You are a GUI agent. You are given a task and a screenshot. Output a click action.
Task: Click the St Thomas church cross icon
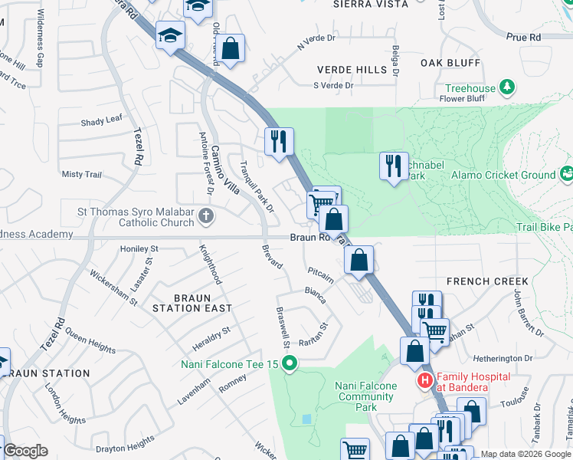click(x=205, y=215)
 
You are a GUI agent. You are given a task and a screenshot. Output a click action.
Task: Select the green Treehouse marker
click(x=506, y=88)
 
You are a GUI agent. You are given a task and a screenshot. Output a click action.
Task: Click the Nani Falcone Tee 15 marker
click(x=289, y=363)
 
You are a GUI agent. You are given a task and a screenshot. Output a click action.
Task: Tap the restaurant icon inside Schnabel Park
click(x=394, y=166)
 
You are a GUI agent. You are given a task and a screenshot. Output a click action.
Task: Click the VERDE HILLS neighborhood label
click(x=352, y=69)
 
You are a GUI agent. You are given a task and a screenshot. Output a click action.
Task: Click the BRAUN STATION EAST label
click(x=192, y=302)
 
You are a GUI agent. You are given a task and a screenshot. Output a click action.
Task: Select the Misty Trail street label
click(x=81, y=175)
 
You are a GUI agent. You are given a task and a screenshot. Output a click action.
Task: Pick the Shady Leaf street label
click(x=101, y=120)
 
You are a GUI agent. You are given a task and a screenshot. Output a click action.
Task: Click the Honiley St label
click(x=139, y=249)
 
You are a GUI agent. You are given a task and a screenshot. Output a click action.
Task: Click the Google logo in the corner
click(x=25, y=451)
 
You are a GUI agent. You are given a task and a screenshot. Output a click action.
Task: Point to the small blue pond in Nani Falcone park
click(x=307, y=419)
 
